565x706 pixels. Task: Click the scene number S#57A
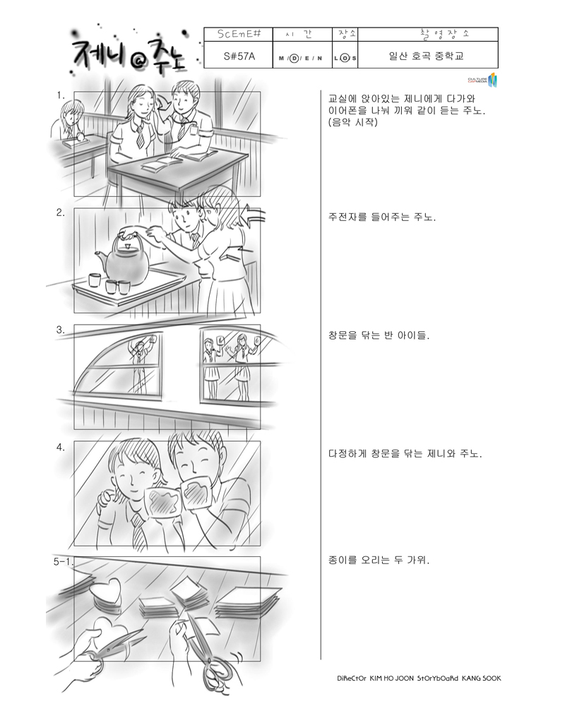point(239,56)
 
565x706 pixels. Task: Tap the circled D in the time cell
point(295,58)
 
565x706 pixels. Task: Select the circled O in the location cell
point(345,58)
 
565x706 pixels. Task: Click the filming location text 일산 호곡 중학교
point(427,56)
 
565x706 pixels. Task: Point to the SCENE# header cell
point(239,34)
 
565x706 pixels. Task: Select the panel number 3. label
point(60,330)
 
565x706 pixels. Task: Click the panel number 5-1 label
point(63,561)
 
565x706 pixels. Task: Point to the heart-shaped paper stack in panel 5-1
point(105,594)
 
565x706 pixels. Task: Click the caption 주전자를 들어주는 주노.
point(382,217)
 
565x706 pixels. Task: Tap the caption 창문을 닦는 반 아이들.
point(379,335)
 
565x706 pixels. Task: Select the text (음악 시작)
point(353,122)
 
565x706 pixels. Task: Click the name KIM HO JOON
point(391,678)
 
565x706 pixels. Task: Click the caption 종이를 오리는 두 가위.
point(379,560)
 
